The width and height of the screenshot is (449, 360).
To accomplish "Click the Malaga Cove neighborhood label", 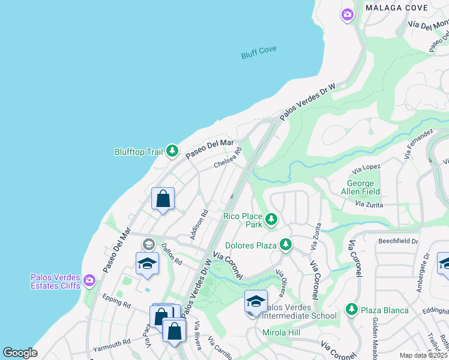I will [397, 8].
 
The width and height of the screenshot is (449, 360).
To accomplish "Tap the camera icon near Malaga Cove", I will [347, 14].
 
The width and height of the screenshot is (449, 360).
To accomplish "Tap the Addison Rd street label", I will [199, 224].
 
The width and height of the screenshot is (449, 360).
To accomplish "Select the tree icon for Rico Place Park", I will [271, 220].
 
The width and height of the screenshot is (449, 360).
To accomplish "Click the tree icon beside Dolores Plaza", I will [286, 245].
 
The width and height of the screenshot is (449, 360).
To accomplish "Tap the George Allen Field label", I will [361, 188].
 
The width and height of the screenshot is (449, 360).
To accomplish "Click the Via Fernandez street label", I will [418, 143].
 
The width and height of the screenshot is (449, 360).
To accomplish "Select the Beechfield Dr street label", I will [398, 241].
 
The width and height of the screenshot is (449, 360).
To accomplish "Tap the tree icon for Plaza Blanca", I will [351, 310].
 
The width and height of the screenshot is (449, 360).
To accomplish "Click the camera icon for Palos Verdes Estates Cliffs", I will [89, 280].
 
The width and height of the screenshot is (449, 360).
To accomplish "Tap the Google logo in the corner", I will [20, 353].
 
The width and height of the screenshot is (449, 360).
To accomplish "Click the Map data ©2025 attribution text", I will [423, 355].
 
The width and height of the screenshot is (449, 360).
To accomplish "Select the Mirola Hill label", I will [282, 332].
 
